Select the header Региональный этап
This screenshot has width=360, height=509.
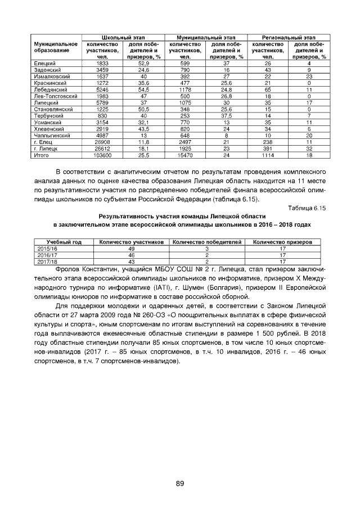click(288, 37)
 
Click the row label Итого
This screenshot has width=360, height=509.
click(42, 155)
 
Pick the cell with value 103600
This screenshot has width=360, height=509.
click(102, 155)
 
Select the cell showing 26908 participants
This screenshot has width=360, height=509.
click(102, 142)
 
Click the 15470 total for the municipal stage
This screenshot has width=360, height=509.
click(185, 155)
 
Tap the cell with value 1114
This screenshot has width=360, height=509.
click(268, 155)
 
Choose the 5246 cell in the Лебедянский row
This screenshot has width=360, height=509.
click(102, 90)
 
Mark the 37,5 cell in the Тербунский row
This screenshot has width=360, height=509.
click(227, 115)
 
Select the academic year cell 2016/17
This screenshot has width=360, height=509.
click(47, 254)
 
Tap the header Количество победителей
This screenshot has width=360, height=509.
click(206, 242)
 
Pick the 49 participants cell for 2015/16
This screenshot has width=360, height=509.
click(132, 248)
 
